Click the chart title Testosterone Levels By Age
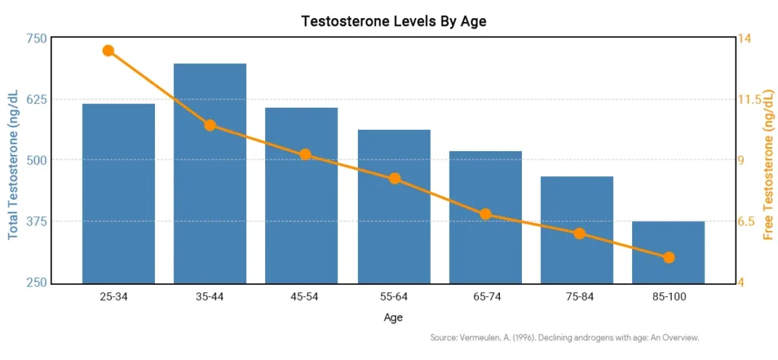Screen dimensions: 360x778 click(x=394, y=21)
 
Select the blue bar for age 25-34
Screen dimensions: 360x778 click(x=119, y=193)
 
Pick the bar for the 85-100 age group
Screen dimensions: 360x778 click(x=669, y=252)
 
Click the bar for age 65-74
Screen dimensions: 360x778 click(x=485, y=217)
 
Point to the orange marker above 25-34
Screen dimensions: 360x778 click(x=108, y=51)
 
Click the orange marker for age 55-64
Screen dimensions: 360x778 click(x=395, y=178)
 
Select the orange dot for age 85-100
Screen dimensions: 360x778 click(x=669, y=257)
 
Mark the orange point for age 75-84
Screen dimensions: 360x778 click(x=580, y=234)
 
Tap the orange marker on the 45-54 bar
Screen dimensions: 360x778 click(x=305, y=155)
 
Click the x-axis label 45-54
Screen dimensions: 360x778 click(x=302, y=296)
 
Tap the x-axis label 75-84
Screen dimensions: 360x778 click(x=577, y=296)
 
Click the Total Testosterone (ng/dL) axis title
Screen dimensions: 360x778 click(x=14, y=162)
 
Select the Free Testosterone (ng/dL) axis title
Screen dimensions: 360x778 click(x=768, y=160)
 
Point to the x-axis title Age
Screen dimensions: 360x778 click(x=393, y=317)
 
